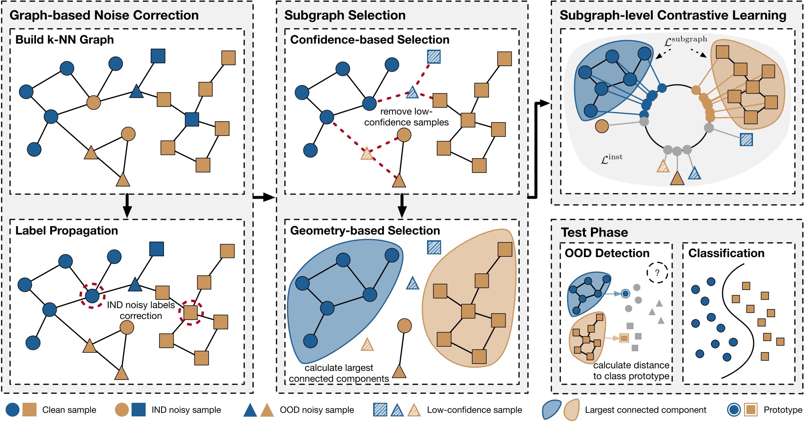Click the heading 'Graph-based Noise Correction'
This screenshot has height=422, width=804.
pyautogui.click(x=104, y=15)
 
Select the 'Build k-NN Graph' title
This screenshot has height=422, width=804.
pyautogui.click(x=65, y=40)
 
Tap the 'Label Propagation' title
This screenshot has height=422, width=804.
pyautogui.click(x=66, y=231)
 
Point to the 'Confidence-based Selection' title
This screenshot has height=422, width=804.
pyautogui.click(x=369, y=40)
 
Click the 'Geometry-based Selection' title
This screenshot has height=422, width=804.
pyautogui.click(x=365, y=231)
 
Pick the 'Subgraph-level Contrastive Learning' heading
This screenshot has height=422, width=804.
pyautogui.click(x=673, y=15)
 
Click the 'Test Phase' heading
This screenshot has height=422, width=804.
pyautogui.click(x=594, y=233)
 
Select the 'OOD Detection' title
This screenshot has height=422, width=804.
pyautogui.click(x=607, y=253)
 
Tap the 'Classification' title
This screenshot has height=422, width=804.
pyautogui.click(x=726, y=253)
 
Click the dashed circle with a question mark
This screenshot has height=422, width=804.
pyautogui.click(x=657, y=273)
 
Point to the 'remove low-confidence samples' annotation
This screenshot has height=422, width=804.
pyautogui.click(x=406, y=117)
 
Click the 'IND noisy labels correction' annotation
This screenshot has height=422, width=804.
pyautogui.click(x=141, y=310)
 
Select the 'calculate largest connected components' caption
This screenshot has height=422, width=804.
pyautogui.click(x=339, y=373)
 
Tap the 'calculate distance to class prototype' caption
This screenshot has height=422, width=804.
pyautogui.click(x=631, y=370)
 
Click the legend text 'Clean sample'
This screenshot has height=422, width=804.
pyautogui.click(x=69, y=410)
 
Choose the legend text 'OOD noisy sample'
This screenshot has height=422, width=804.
pyautogui.click(x=317, y=410)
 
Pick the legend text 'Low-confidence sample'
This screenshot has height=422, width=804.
pyautogui.click(x=474, y=410)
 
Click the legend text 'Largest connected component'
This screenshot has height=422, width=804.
pyautogui.click(x=645, y=410)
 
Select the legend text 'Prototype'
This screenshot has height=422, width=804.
pyautogui.click(x=782, y=410)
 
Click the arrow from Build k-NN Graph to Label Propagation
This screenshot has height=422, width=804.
pyautogui.click(x=126, y=206)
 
